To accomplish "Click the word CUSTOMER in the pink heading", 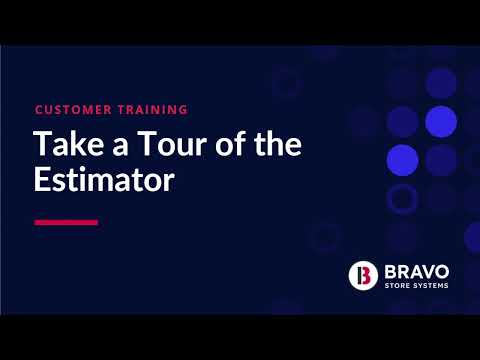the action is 73,110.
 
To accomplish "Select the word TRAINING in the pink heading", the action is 153,110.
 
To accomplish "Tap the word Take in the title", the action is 69,144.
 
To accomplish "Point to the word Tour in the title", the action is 172,144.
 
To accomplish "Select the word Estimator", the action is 104,179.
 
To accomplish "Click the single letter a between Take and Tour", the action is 120,147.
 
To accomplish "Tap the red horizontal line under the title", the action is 66,222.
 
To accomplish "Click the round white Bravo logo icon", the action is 363,276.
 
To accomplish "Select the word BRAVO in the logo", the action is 417,272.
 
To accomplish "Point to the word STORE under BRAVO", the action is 397,286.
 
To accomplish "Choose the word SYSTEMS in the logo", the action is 431,286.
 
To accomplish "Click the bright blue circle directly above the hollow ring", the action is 403,160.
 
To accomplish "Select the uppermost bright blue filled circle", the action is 441,122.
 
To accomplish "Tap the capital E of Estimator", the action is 41,179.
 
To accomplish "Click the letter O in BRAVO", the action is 441,272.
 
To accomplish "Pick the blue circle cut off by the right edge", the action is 473,237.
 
